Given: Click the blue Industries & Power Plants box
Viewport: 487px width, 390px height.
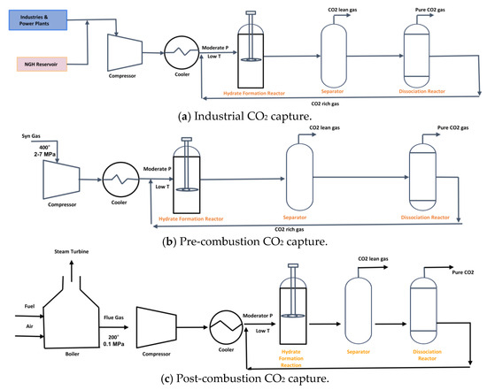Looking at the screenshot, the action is coord(38,20).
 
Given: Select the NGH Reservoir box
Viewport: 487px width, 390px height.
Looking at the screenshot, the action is coord(42,65).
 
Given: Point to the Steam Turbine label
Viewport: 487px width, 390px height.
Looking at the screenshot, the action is coord(72,252).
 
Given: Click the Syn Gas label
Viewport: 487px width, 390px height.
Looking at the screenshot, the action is coord(31,136).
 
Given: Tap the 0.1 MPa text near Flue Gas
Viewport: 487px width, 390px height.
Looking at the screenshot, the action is coord(113,344).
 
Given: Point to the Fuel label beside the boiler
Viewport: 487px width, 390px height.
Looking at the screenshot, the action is coord(29,306).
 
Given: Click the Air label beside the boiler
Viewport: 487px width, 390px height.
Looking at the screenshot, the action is coord(29,326).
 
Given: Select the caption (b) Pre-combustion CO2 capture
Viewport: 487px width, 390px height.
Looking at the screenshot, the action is coord(244,241).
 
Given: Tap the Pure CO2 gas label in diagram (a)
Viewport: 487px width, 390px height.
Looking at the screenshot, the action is coord(430,10).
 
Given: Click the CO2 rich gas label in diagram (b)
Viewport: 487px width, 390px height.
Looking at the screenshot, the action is coord(290,230).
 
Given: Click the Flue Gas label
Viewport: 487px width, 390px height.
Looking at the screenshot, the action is coord(113,317).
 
